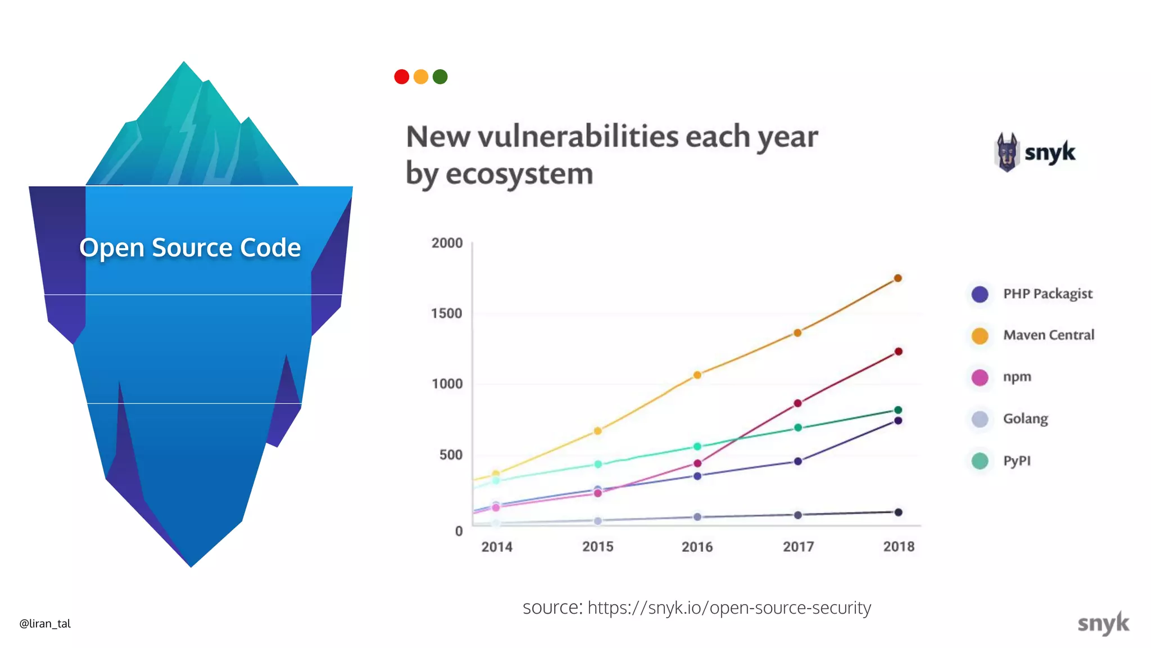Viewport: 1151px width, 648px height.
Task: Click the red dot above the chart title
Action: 401,76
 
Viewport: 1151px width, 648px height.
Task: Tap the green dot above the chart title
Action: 440,76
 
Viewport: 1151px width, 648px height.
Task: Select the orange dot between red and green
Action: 421,76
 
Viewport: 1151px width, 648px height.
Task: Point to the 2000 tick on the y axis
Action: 447,243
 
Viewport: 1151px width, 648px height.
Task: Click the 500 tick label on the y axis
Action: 451,454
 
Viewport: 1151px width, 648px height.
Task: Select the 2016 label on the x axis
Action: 697,546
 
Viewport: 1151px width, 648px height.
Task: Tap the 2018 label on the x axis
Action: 899,546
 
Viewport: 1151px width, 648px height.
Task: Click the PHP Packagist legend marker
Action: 980,294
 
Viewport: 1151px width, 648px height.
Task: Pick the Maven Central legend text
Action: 1049,335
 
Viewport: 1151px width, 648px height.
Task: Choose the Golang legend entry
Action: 1025,419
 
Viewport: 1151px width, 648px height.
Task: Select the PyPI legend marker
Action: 980,461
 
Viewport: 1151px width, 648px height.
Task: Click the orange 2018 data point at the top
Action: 898,278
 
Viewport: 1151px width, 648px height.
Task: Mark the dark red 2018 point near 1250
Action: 898,352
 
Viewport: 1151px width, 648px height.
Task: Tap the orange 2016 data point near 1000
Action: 697,375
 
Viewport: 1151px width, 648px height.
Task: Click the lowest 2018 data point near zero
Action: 898,512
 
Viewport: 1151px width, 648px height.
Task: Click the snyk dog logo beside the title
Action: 1007,152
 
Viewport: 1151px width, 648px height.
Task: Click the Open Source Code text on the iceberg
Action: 190,247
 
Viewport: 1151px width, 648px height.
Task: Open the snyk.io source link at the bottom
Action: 729,607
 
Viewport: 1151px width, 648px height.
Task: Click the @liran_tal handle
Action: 45,623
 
